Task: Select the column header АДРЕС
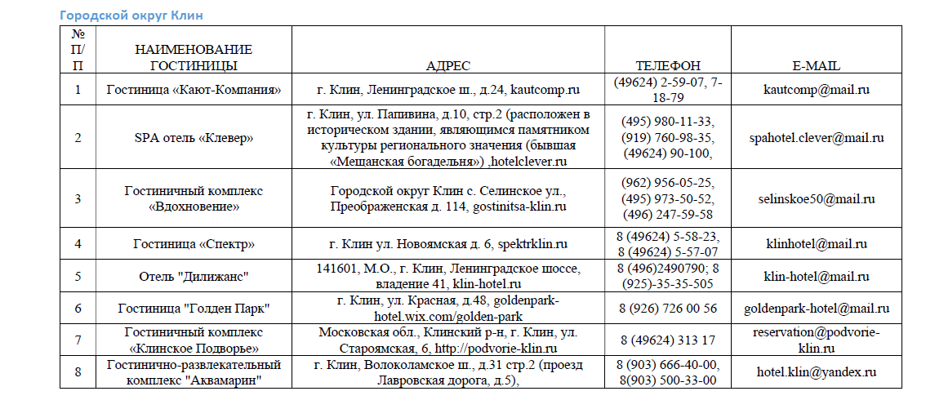click(448, 66)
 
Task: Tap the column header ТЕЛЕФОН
click(668, 66)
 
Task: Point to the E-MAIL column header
click(816, 66)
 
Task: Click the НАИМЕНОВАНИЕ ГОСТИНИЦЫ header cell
click(194, 58)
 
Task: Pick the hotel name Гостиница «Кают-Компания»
click(194, 89)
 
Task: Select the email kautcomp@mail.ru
click(816, 89)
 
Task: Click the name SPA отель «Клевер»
click(194, 138)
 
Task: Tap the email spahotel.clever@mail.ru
click(816, 138)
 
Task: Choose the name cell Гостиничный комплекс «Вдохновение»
click(194, 199)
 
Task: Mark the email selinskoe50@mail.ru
click(816, 199)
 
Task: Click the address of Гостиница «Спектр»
click(448, 244)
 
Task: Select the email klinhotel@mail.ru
click(816, 244)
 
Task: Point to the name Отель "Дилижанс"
click(194, 276)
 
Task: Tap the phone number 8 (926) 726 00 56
click(668, 309)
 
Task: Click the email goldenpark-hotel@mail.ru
click(816, 309)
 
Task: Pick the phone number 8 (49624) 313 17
click(668, 340)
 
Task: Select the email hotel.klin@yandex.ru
click(816, 371)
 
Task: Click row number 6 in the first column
click(78, 309)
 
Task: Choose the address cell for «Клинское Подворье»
click(448, 340)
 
